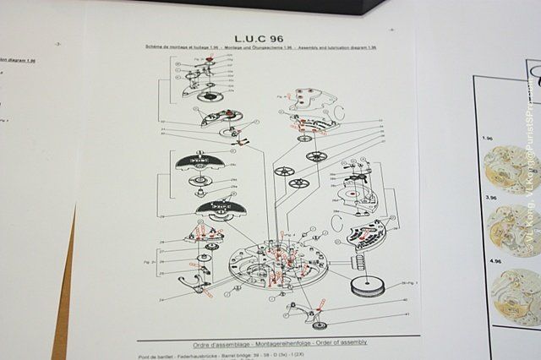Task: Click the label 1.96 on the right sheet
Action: (486, 137)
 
